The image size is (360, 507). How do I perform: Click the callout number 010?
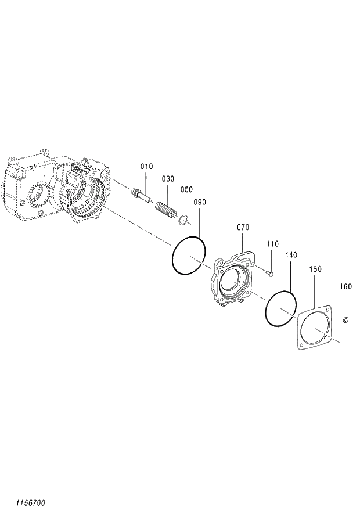(146, 167)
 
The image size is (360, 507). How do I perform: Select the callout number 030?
(168, 179)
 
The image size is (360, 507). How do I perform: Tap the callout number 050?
(186, 190)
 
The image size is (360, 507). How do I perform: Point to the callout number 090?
(200, 202)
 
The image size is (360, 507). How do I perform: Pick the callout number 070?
(243, 228)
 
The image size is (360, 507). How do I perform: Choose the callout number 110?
(273, 244)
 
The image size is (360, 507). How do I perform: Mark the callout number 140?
(291, 255)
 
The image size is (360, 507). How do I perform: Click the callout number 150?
(315, 269)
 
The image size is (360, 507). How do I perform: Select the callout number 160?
(345, 286)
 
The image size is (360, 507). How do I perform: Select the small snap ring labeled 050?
(183, 219)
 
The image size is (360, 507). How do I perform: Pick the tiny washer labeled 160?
(345, 319)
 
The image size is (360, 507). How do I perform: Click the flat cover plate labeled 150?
(315, 328)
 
